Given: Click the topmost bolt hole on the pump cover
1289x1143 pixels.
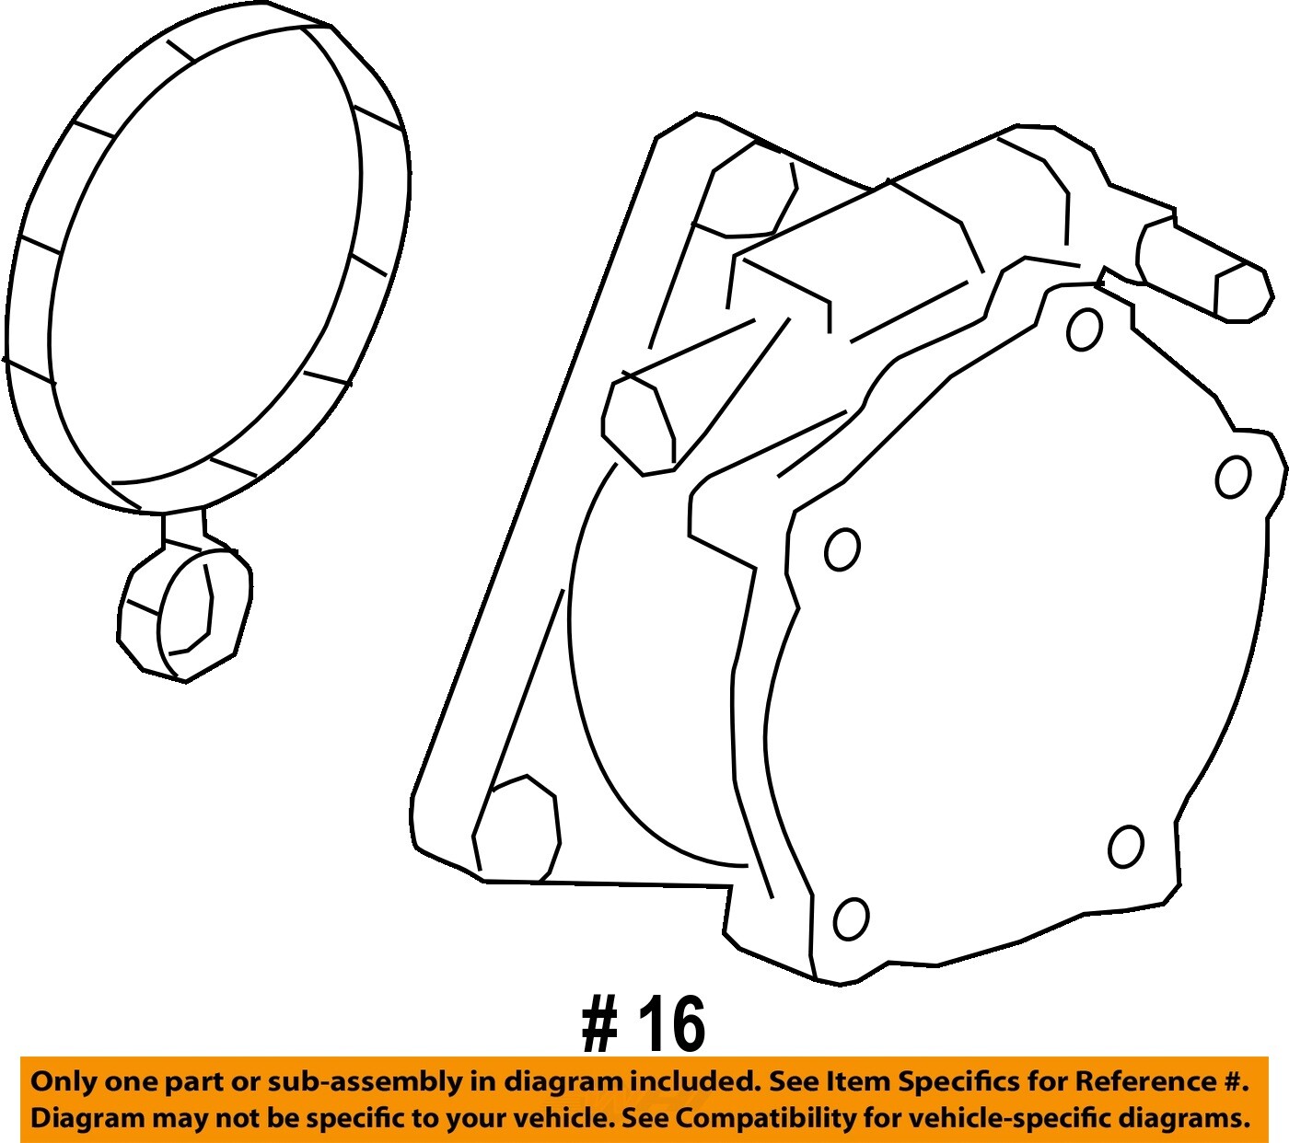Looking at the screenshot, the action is pyautogui.click(x=1084, y=329).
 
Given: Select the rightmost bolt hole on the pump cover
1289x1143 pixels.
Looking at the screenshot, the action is pyautogui.click(x=1233, y=477).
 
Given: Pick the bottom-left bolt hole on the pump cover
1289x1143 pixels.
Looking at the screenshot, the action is pyautogui.click(x=851, y=918).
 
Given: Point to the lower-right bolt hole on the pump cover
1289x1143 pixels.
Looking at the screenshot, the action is pyautogui.click(x=1125, y=847).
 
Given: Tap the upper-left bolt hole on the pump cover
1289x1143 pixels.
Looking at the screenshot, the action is pyautogui.click(x=842, y=548).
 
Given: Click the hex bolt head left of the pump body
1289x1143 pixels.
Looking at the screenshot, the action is pyautogui.click(x=638, y=422).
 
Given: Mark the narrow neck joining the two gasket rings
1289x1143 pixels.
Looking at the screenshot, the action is pyautogui.click(x=183, y=529).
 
